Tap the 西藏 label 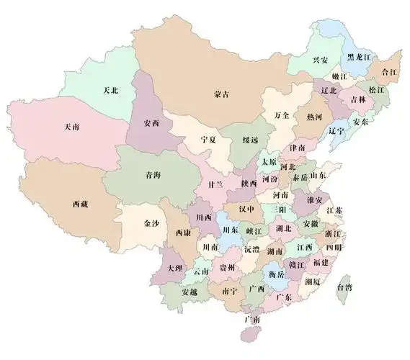[x=79, y=204]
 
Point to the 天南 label [x=71, y=127]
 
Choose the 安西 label [x=151, y=123]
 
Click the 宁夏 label [x=209, y=139]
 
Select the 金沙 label [x=151, y=224]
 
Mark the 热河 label [x=314, y=116]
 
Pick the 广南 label [x=251, y=318]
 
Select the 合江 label [x=391, y=72]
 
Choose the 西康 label [x=182, y=234]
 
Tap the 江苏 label [x=334, y=210]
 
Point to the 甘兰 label [x=215, y=185]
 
